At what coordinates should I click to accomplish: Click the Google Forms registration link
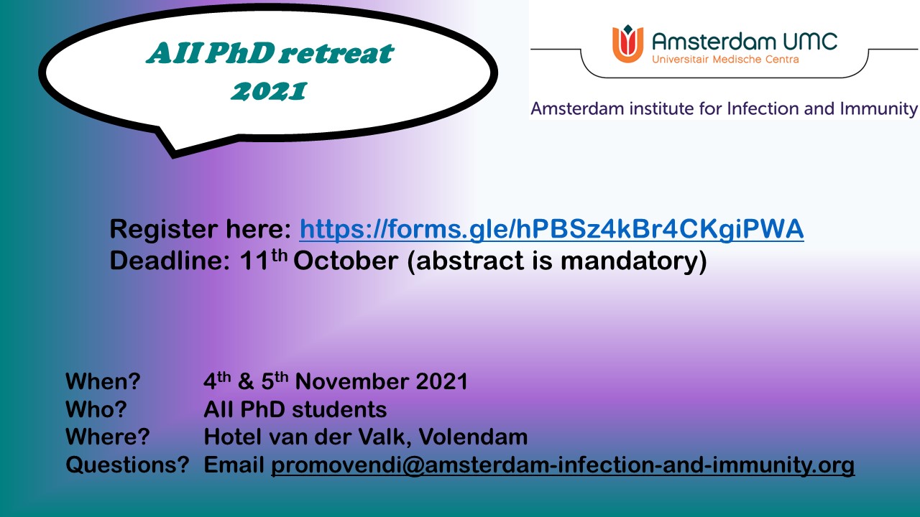point(551,229)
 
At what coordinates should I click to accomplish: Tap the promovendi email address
point(563,465)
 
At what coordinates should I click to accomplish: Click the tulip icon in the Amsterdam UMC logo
point(627,44)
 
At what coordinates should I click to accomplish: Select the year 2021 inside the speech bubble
point(269,91)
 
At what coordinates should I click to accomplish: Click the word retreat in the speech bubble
point(338,53)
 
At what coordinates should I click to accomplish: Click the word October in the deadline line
point(346,261)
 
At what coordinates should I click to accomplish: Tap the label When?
point(103,381)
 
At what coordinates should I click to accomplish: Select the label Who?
point(96,409)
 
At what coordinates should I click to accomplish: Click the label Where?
point(108,437)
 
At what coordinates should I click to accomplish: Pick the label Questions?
point(127,465)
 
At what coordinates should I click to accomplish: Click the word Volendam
point(473,437)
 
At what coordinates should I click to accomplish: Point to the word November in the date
point(352,381)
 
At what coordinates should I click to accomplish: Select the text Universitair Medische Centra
point(725,60)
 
